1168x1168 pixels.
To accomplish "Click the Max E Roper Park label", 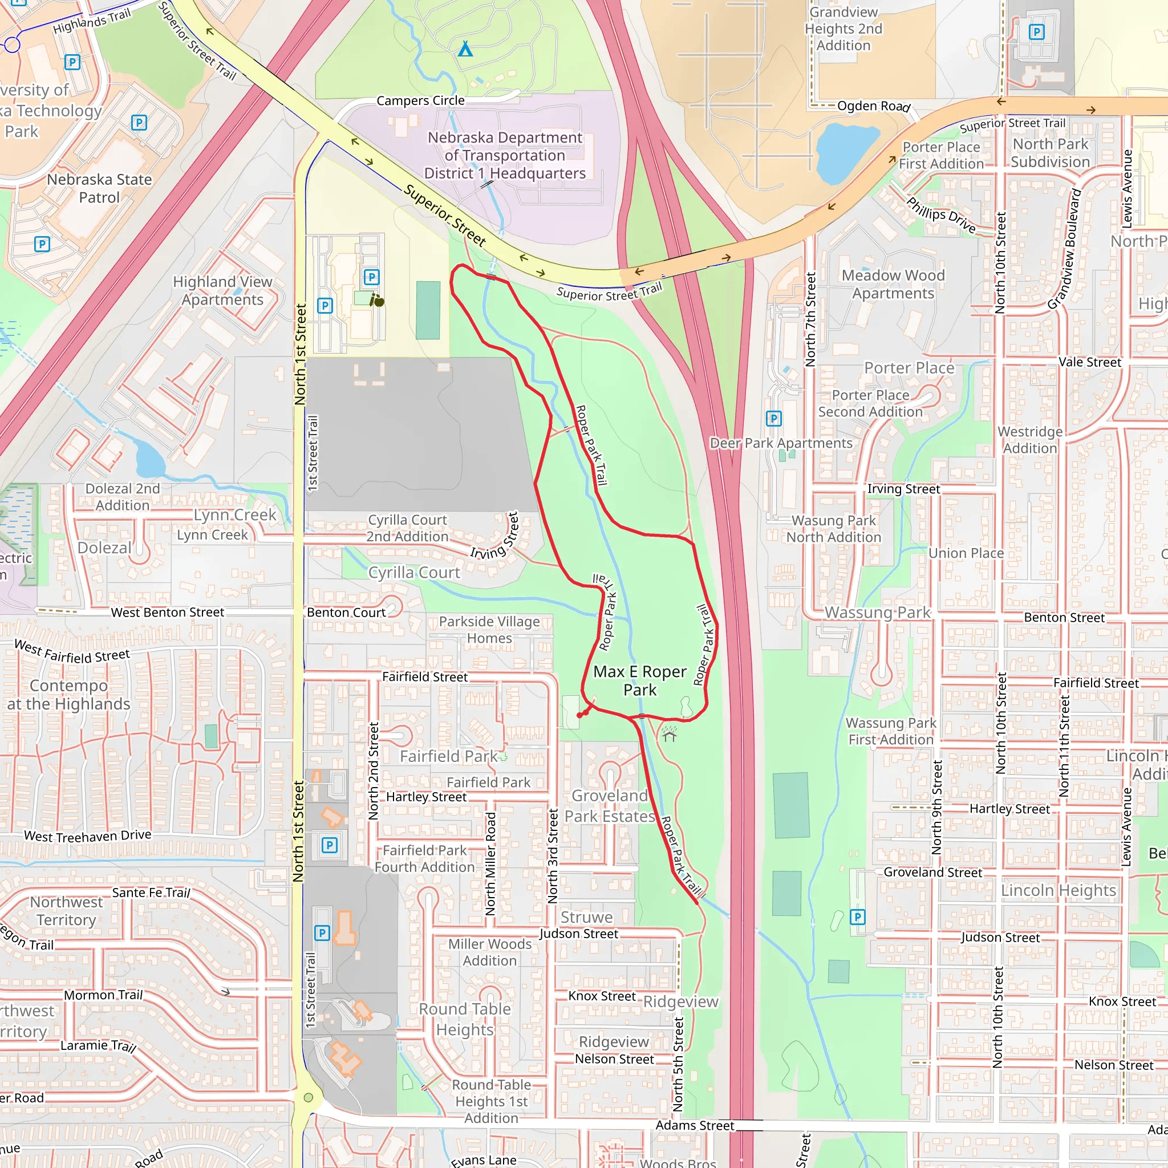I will [640, 681].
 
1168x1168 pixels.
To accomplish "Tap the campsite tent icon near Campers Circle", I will [465, 48].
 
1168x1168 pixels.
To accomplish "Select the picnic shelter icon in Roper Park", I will [668, 734].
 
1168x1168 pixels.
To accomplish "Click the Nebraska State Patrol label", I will [99, 189].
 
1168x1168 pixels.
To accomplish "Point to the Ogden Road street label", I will [873, 107].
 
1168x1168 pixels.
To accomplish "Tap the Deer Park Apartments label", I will [781, 443].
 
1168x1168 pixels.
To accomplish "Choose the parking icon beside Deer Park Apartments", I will [774, 419].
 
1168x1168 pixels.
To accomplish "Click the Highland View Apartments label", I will [222, 291].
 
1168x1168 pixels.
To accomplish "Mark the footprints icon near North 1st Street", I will [377, 301].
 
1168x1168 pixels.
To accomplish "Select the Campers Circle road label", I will [421, 100].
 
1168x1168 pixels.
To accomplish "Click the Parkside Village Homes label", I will [489, 630].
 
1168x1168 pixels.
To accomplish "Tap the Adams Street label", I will [695, 1125].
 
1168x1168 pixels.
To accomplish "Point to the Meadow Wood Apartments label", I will [893, 284].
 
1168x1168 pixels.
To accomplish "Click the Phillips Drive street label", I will [940, 215].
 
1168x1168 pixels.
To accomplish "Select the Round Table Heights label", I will [465, 1019].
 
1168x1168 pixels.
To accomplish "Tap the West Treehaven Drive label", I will [88, 836].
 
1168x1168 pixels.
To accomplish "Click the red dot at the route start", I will [580, 715].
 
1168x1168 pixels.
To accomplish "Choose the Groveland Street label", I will [932, 873].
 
